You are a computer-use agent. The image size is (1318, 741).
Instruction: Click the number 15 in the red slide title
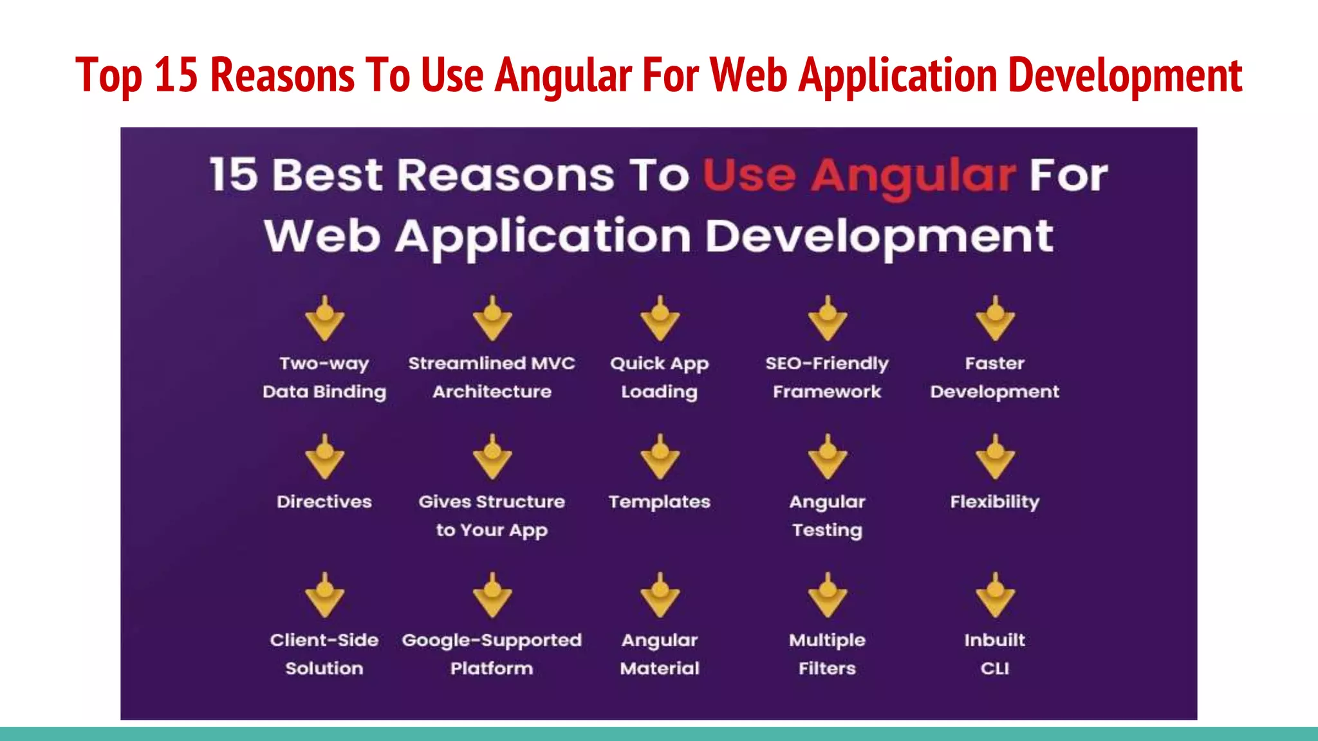point(176,75)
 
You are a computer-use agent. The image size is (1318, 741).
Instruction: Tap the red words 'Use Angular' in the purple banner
point(859,176)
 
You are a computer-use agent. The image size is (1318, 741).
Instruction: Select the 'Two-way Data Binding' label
point(324,378)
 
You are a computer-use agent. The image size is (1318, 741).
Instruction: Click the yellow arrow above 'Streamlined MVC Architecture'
point(492,319)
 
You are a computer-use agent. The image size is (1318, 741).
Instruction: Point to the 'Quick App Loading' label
point(660,378)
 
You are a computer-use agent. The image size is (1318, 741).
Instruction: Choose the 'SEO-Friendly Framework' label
point(827,378)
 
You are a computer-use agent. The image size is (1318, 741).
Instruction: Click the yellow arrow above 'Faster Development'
point(995,319)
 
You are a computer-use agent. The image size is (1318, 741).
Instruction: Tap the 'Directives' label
point(324,502)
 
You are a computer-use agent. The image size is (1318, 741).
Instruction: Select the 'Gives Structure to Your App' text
point(492,516)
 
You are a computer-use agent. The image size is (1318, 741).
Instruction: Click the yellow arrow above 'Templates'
point(660,457)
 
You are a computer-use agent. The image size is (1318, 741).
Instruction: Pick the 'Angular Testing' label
point(827,516)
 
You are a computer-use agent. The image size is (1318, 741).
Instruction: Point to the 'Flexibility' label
point(995,502)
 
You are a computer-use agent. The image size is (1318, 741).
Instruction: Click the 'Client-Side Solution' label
point(324,654)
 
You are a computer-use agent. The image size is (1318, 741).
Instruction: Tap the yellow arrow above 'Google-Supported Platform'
point(492,596)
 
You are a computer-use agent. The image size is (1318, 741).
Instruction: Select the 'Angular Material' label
point(660,654)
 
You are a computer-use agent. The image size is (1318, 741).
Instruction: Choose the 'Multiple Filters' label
point(827,654)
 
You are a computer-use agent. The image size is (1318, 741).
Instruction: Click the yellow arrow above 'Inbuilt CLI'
point(995,596)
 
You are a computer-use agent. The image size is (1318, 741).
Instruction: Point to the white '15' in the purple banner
point(234,175)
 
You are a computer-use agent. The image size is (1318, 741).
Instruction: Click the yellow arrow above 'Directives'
point(325,457)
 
